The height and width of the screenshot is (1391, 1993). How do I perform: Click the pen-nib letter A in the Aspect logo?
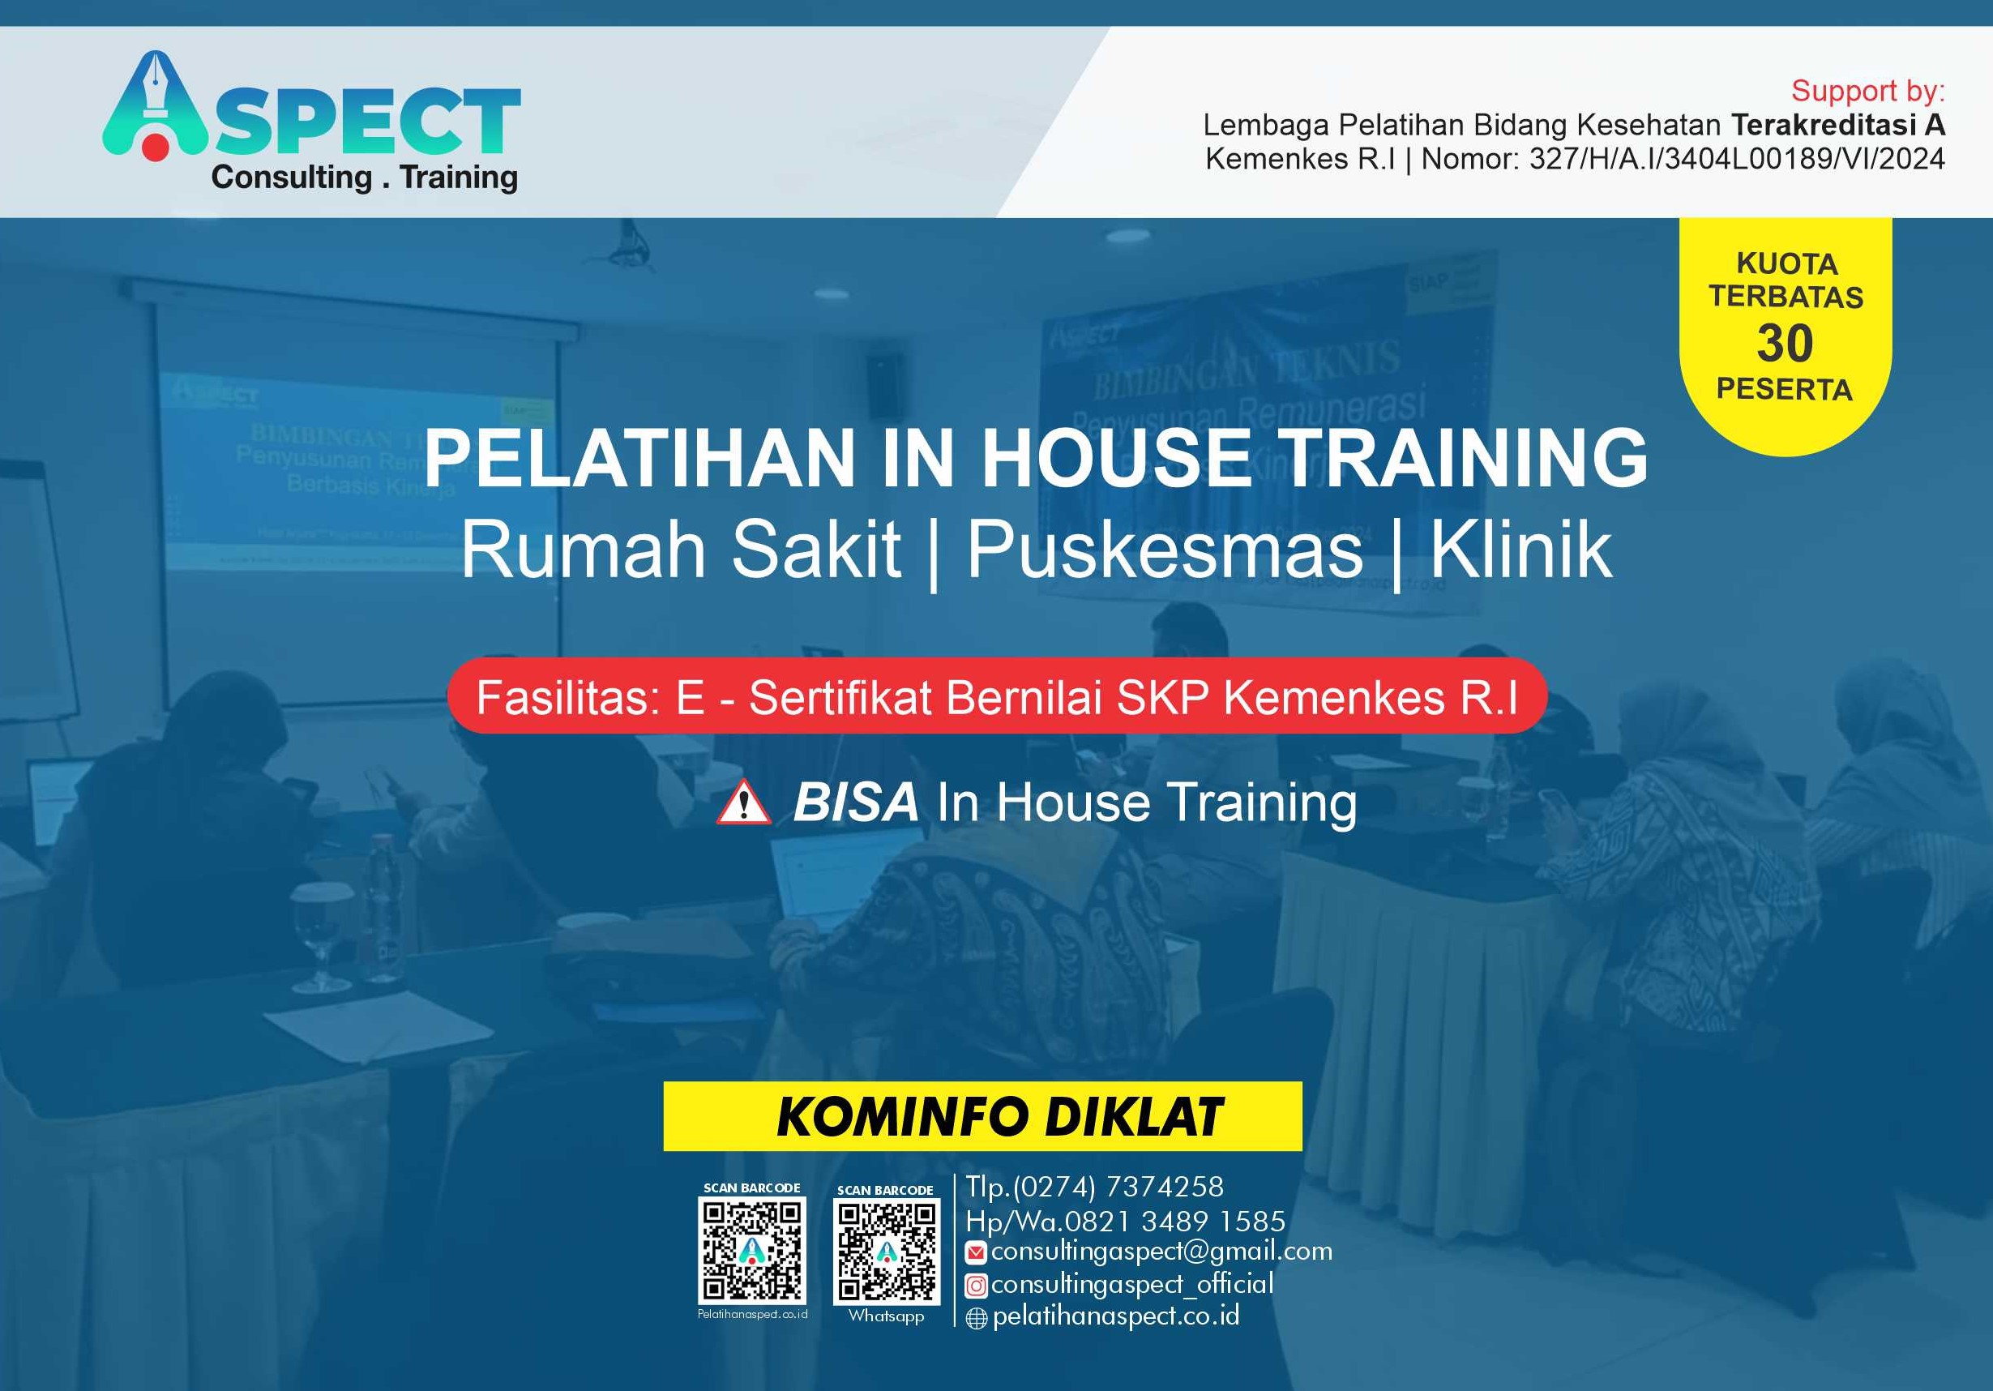tap(156, 109)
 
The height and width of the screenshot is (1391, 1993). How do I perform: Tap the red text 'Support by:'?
tap(1868, 91)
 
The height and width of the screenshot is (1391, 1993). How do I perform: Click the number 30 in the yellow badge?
tap(1785, 343)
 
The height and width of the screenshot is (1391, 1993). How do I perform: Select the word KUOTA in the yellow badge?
tap(1786, 264)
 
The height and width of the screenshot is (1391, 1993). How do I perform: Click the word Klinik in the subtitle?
tap(1520, 549)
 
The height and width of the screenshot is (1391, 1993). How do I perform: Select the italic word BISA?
tap(855, 802)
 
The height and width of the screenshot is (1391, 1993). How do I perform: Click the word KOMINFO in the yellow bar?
tap(903, 1117)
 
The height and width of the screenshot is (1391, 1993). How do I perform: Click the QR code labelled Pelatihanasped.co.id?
tap(751, 1248)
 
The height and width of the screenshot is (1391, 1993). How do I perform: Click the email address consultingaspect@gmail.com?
tap(1161, 1252)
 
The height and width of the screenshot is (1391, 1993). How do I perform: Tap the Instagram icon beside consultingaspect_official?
tap(977, 1285)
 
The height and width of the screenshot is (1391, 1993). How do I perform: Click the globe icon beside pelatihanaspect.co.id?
tap(977, 1319)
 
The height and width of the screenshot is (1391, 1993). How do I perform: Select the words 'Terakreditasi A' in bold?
tap(1838, 126)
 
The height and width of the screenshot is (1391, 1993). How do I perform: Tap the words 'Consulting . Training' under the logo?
tap(365, 178)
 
